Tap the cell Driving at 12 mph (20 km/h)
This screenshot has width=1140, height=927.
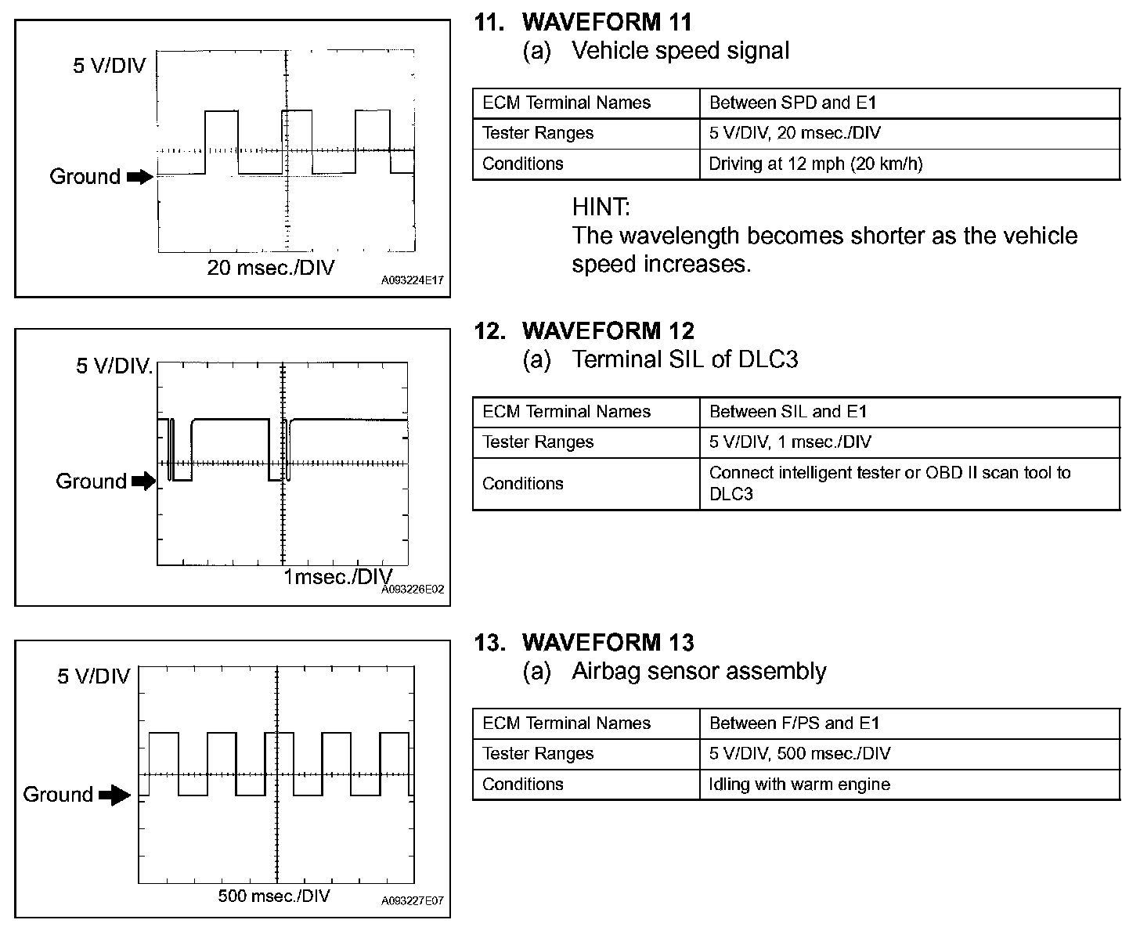(x=816, y=164)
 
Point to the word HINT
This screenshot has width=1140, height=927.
(x=601, y=207)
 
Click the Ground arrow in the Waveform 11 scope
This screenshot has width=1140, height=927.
(x=140, y=178)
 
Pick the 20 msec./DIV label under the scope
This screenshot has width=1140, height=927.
(x=270, y=268)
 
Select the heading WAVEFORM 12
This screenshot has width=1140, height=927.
(x=608, y=330)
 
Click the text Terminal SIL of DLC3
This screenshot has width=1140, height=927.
(x=684, y=359)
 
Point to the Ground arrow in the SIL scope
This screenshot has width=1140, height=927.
(x=143, y=482)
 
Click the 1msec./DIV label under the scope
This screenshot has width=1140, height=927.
(x=337, y=577)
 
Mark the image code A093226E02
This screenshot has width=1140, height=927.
(x=413, y=590)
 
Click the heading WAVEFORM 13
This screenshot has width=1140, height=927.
(x=608, y=642)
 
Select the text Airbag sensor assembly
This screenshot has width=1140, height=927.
(x=698, y=671)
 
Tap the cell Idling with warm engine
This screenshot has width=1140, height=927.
(x=799, y=785)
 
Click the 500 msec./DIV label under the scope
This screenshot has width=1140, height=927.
(x=274, y=896)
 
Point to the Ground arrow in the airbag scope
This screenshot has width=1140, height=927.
(x=116, y=796)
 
